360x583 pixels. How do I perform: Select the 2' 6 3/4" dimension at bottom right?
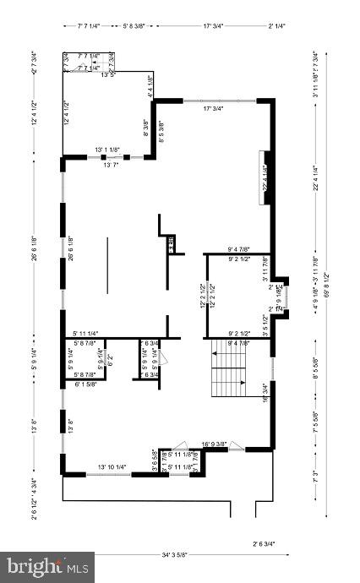[263, 543]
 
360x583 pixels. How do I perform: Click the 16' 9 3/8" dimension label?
[217, 443]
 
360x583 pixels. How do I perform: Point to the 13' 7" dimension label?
[112, 165]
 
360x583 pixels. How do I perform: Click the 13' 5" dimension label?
[107, 75]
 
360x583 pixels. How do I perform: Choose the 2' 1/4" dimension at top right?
[276, 26]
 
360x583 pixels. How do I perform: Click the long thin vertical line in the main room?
[107, 265]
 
